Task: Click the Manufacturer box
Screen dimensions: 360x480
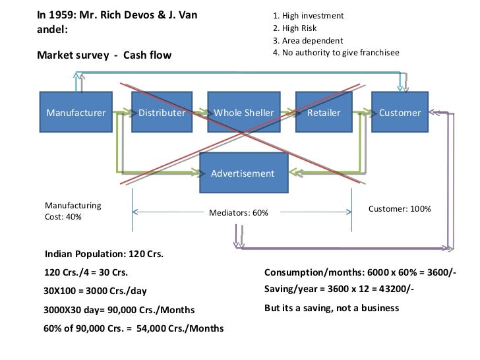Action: pyautogui.click(x=76, y=113)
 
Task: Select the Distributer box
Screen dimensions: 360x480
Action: pyautogui.click(x=162, y=113)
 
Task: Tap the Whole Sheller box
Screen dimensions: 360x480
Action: pyautogui.click(x=243, y=113)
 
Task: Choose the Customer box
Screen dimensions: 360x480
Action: pyautogui.click(x=400, y=113)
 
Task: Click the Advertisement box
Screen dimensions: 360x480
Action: pyautogui.click(x=243, y=173)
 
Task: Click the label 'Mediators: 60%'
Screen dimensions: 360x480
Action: pyautogui.click(x=238, y=212)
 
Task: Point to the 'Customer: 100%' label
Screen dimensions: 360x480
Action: pyautogui.click(x=399, y=208)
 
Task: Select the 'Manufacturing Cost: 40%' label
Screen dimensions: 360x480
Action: pyautogui.click(x=73, y=211)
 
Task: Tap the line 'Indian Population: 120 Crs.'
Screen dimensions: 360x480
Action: pyautogui.click(x=104, y=254)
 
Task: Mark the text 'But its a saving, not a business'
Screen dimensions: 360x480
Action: pyautogui.click(x=332, y=308)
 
